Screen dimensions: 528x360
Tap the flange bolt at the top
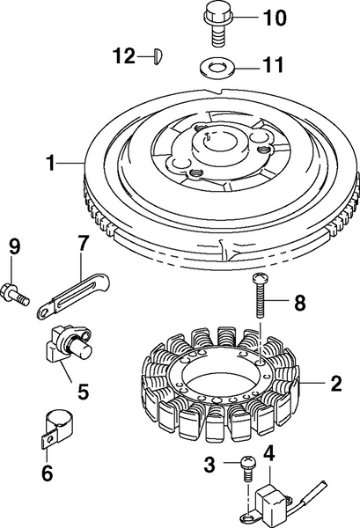point(216,24)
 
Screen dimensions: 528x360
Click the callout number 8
point(299,304)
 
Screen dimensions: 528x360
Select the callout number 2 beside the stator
point(335,384)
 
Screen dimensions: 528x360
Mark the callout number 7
point(83,242)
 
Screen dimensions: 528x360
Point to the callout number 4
point(269,455)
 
